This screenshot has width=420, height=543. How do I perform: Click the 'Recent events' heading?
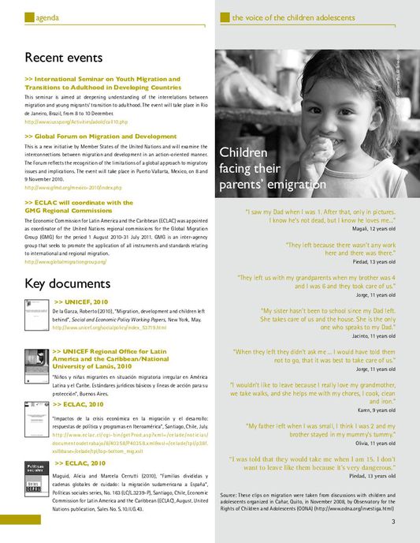[x=64, y=58]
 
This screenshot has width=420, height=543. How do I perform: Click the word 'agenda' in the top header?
[x=49, y=17]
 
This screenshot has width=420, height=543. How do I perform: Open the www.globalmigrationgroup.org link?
[x=65, y=261]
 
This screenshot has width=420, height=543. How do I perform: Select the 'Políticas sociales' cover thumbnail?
[x=36, y=481]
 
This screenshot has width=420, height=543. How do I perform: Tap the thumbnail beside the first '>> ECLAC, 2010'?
[x=36, y=417]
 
